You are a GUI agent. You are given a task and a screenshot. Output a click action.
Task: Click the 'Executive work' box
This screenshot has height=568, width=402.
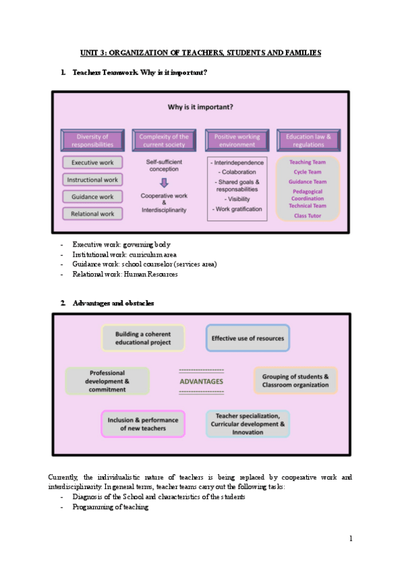(92, 163)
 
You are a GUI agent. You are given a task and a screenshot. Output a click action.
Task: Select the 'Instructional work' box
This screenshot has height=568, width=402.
(92, 180)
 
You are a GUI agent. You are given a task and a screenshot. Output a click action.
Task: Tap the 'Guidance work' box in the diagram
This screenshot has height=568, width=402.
(92, 197)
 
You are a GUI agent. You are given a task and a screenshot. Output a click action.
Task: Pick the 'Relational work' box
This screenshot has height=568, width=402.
(92, 214)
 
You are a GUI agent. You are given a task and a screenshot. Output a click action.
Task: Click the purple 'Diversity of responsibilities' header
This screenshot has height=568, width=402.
(92, 141)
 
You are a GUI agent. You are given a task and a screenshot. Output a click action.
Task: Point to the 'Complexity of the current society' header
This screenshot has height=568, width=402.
(163, 141)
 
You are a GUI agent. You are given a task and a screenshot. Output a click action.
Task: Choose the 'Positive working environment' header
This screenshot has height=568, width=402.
(237, 141)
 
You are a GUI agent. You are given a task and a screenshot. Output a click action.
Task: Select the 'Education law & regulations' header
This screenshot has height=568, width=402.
(308, 141)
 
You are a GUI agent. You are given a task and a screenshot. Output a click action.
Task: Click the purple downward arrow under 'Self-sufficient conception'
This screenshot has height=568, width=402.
(164, 182)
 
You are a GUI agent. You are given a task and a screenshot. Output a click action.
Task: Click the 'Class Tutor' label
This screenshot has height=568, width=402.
(308, 215)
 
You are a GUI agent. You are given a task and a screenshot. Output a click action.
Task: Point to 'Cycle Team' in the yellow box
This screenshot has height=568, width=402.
(308, 171)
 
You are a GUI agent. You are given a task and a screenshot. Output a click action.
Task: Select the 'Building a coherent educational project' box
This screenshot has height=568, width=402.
(143, 338)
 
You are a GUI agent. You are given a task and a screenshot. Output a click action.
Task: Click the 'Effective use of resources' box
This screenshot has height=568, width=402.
(248, 338)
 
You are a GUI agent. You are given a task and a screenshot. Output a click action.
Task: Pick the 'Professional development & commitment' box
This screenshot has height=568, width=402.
(107, 381)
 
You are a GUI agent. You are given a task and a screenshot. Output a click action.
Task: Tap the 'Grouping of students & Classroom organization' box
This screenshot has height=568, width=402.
(295, 380)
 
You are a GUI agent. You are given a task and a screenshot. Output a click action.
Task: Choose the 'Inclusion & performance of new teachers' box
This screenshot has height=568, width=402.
(143, 424)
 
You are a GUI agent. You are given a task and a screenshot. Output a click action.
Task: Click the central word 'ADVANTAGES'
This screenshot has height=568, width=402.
(202, 382)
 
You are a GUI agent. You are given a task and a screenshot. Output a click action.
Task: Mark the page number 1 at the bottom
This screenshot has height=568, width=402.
(350, 538)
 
